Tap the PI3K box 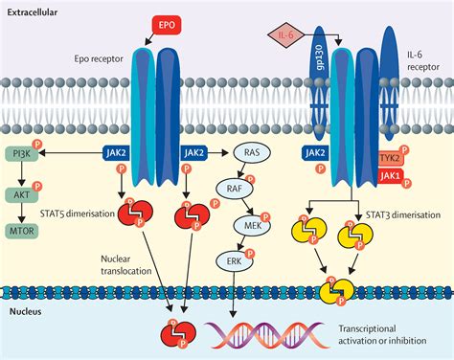pos(19,152)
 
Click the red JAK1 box pos(389,176)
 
